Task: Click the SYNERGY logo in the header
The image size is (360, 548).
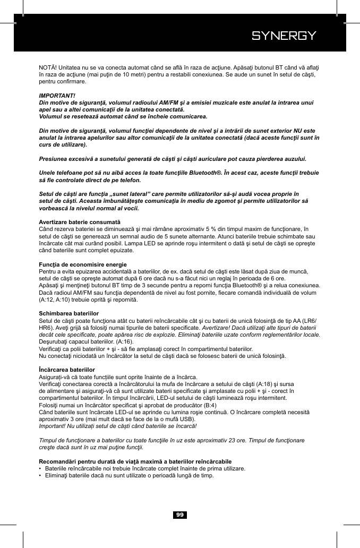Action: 284,36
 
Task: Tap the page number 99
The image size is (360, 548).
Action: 180,515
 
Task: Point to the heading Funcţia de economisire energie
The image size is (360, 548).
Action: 83,264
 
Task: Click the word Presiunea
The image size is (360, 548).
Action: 55,159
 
